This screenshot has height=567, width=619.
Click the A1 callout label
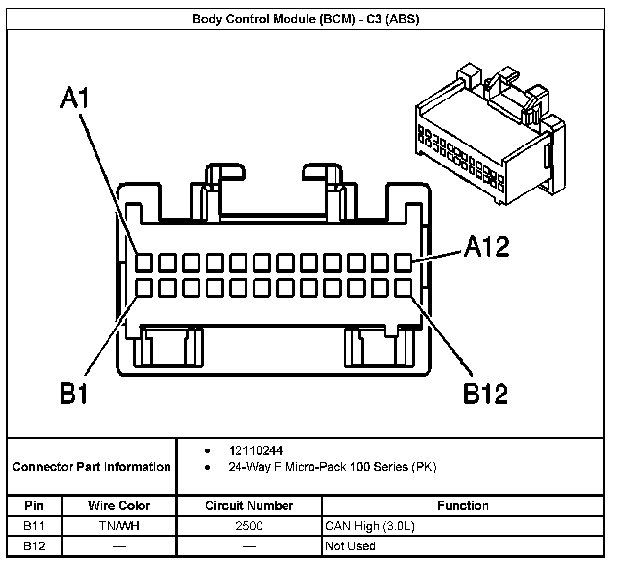click(75, 97)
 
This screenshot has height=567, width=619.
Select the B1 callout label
click(74, 393)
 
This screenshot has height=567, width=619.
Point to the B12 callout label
click(486, 393)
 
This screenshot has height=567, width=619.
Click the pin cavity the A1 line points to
click(144, 262)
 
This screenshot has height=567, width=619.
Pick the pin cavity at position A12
click(404, 262)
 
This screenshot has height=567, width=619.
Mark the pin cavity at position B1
click(144, 288)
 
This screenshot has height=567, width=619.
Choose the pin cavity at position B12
click(404, 288)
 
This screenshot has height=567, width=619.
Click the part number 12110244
click(256, 450)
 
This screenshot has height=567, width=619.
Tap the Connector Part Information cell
click(92, 467)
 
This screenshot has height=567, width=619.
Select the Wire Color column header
click(119, 506)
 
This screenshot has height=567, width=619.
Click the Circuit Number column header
click(249, 506)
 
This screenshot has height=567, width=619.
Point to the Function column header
click(463, 506)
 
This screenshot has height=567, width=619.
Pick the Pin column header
click(34, 506)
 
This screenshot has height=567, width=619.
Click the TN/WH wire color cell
click(119, 526)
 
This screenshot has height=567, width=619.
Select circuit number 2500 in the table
click(249, 526)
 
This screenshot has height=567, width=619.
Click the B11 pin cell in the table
click(34, 526)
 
